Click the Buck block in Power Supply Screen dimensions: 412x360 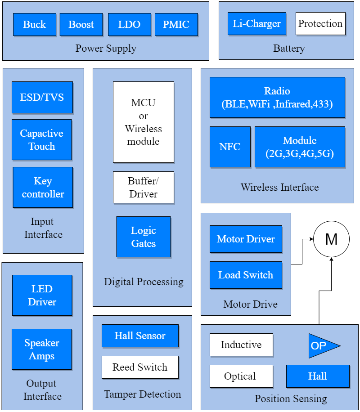[x=35, y=24]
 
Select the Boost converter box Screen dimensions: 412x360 [x=81, y=24]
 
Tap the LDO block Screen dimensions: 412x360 [x=129, y=24]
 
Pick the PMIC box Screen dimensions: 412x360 [x=176, y=24]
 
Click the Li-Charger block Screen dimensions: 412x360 [x=257, y=24]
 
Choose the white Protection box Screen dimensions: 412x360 [x=320, y=24]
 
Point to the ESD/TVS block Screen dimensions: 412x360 [x=42, y=97]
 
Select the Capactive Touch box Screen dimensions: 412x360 [x=42, y=140]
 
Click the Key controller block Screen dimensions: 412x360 [x=43, y=188]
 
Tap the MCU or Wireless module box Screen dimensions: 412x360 [x=144, y=122]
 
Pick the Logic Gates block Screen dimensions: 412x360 [x=144, y=237]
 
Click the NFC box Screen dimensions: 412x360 [x=230, y=147]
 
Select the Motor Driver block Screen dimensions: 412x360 [x=246, y=239]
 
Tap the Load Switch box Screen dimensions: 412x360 [x=246, y=275]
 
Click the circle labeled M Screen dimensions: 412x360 [x=331, y=239]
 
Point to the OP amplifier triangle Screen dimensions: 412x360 [x=321, y=346]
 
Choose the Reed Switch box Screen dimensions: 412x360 [x=140, y=367]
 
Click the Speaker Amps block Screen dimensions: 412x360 [x=42, y=349]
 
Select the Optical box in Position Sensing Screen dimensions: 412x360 [x=241, y=376]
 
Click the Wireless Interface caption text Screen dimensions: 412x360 [x=279, y=187]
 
